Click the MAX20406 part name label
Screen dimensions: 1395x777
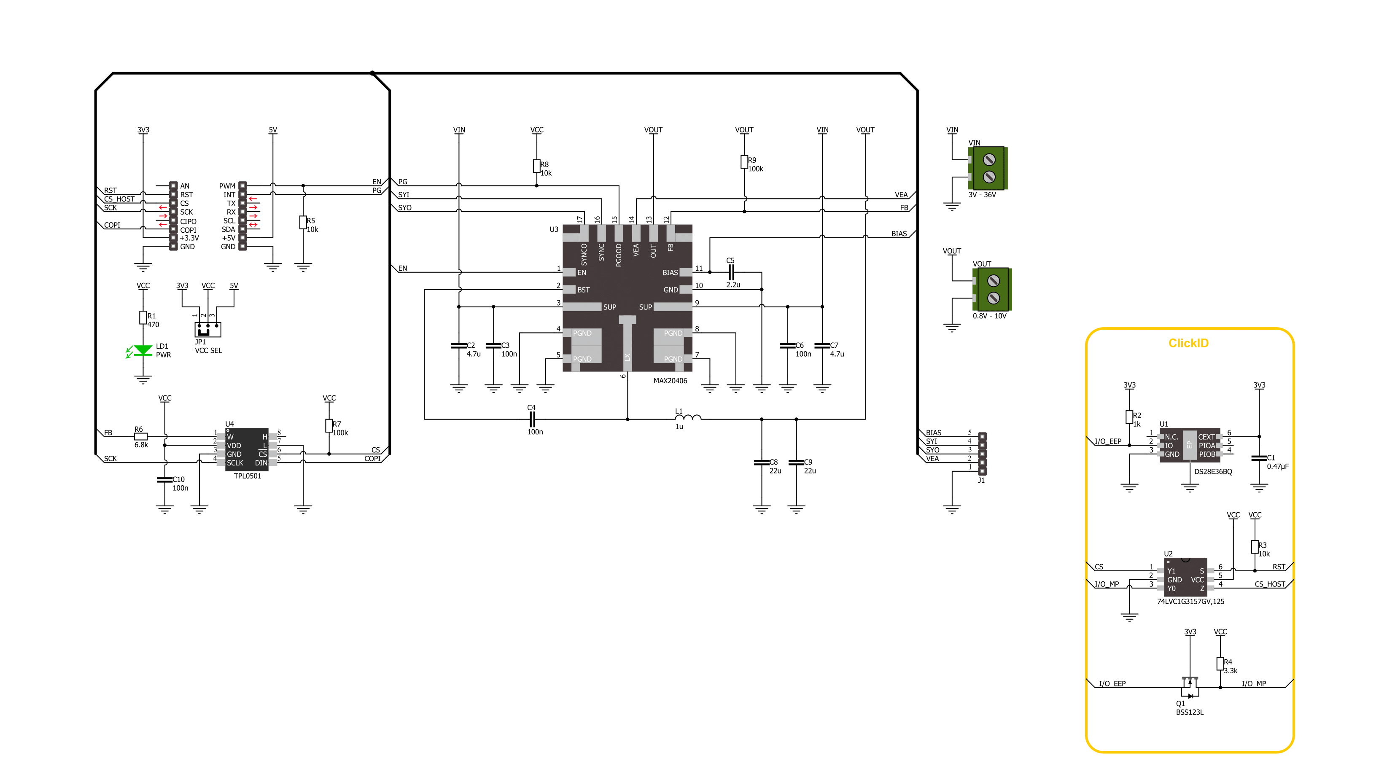click(x=670, y=381)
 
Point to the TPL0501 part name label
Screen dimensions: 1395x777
click(x=248, y=476)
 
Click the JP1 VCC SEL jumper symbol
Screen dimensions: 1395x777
click(x=208, y=329)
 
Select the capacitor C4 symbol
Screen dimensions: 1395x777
click(x=532, y=419)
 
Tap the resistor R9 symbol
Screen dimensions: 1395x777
click(x=744, y=162)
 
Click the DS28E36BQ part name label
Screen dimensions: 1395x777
click(x=1213, y=472)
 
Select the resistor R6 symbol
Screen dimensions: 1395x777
click(x=141, y=436)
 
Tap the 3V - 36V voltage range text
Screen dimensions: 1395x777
click(x=982, y=195)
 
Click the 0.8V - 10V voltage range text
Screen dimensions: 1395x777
click(x=989, y=316)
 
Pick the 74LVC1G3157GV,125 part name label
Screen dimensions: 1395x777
click(x=1190, y=601)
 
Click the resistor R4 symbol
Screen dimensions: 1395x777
click(x=1220, y=664)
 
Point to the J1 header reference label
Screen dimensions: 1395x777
click(x=981, y=480)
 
